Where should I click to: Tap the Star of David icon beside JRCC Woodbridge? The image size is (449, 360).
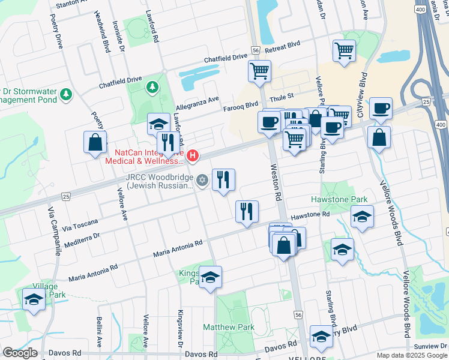[x=202, y=179]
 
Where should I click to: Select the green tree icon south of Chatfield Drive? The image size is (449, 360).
[x=152, y=88]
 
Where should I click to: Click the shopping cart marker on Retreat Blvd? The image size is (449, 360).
[x=344, y=51]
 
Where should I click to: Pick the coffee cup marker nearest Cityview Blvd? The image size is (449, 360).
[x=381, y=109]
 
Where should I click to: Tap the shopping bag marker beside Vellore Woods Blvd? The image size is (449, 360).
[x=379, y=137]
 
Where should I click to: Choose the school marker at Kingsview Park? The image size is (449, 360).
[x=211, y=277]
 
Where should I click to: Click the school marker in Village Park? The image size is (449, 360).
[x=34, y=299]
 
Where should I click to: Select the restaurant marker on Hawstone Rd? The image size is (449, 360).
[x=247, y=211]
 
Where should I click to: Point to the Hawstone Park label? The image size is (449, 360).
[x=330, y=199]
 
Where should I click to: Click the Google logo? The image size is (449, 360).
[x=20, y=353]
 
